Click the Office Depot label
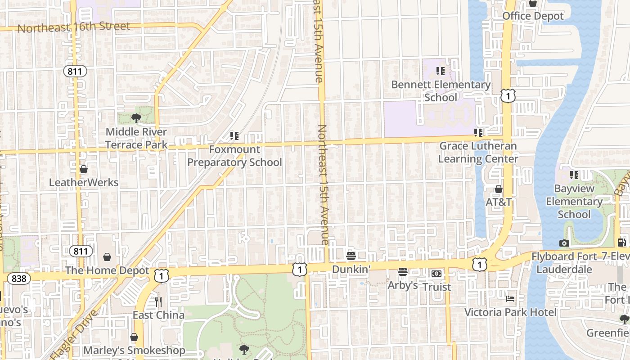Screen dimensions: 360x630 coord(533,16)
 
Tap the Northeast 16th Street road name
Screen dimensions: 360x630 coord(73,27)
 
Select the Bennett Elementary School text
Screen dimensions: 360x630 coord(441,91)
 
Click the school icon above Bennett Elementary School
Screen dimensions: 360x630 coord(441,71)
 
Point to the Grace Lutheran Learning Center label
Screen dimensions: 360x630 coord(478,152)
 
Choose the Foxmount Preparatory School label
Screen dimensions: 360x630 coord(234,156)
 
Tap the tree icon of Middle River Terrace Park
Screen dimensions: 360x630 coord(136,118)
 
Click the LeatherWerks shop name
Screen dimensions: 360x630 coord(84,183)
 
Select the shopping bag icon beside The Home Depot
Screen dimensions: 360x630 coord(107,257)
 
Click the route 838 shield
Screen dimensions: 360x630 coord(18,279)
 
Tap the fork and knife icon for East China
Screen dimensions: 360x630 coord(158,301)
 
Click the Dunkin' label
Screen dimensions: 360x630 coord(351,269)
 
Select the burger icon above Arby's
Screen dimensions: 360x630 coord(403,272)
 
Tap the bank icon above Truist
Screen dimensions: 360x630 coord(436,274)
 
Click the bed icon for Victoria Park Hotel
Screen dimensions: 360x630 coord(510,299)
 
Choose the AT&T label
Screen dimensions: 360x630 coord(498,202)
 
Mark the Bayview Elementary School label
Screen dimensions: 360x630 coord(574,202)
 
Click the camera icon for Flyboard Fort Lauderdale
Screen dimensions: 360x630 coord(564,243)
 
